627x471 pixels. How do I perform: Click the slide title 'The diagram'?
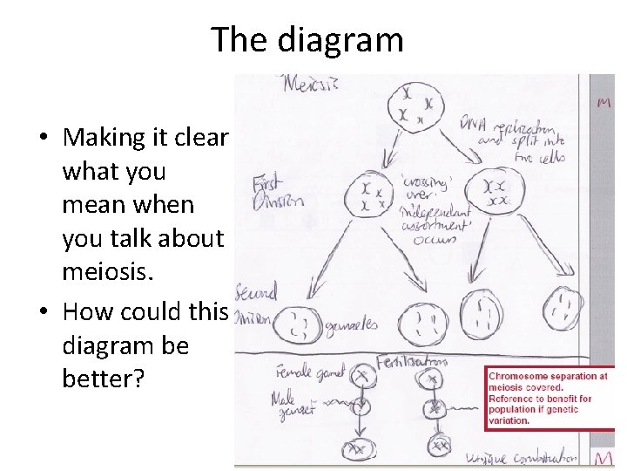(307, 40)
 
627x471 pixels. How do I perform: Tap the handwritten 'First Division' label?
(278, 192)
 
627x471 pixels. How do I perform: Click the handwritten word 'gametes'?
(351, 325)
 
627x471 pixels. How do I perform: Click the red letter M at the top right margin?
(602, 103)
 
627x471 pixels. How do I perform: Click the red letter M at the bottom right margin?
(603, 457)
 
